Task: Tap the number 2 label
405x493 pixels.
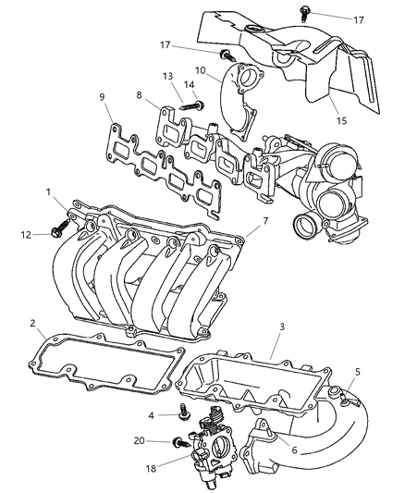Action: [x=32, y=324]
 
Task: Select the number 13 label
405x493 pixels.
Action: [x=167, y=77]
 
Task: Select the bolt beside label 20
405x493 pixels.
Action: [x=178, y=442]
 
